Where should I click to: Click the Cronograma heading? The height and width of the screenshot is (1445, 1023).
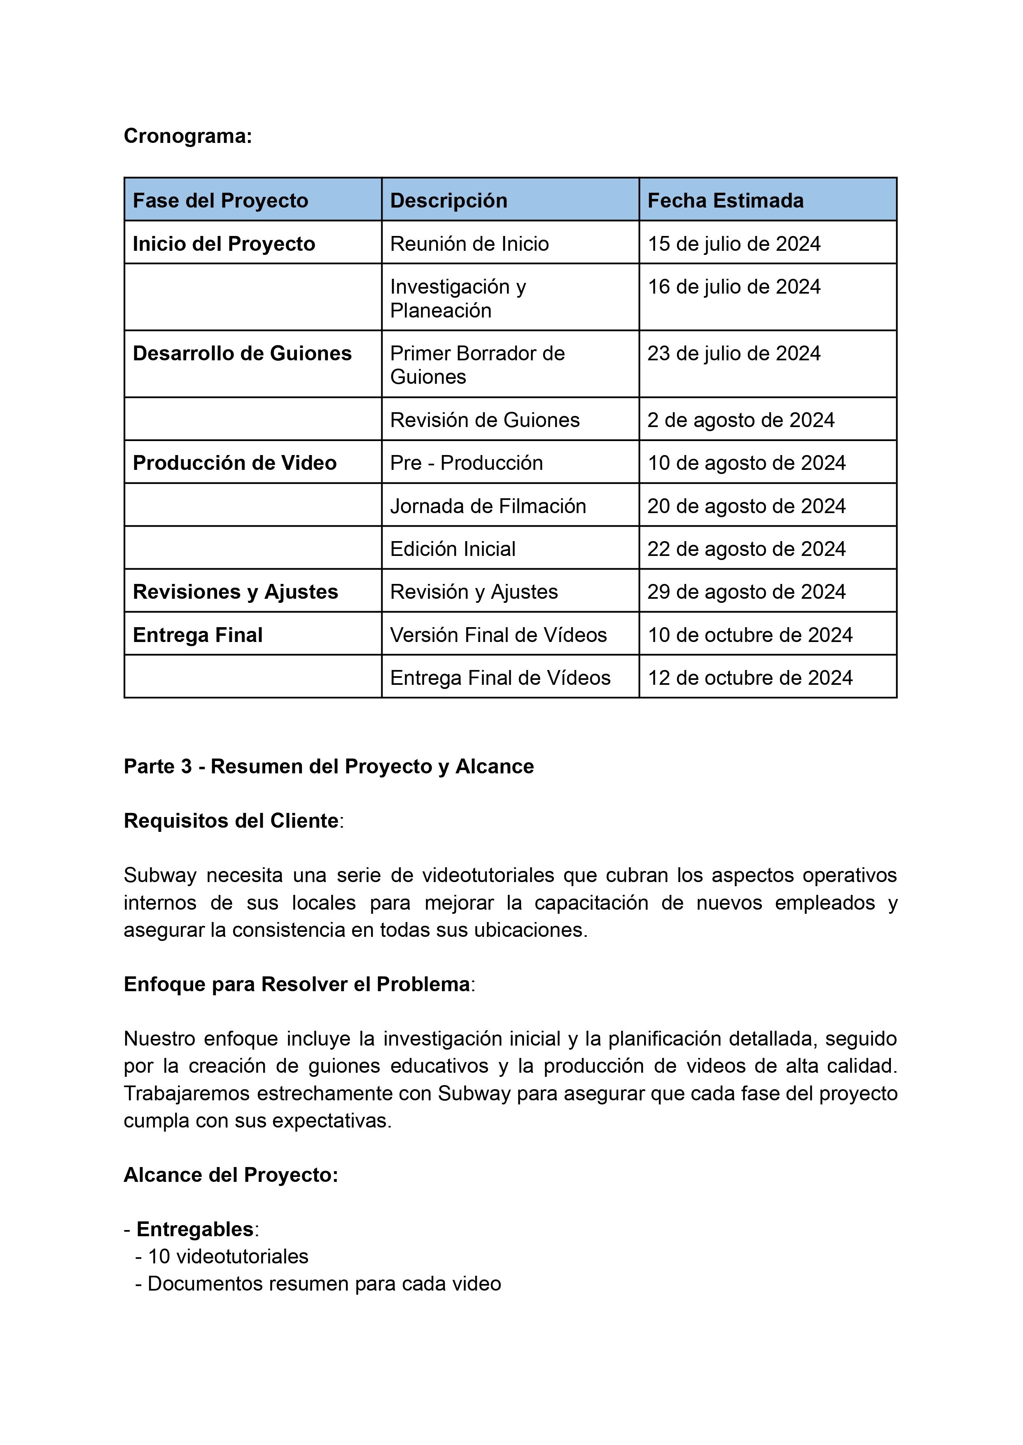(188, 136)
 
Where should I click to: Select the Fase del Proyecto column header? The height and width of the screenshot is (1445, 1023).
(220, 200)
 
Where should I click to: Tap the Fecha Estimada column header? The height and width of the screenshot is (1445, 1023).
(725, 200)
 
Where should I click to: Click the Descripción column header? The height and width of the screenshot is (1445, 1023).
(448, 200)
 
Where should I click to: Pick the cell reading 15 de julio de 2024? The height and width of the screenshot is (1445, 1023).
(734, 244)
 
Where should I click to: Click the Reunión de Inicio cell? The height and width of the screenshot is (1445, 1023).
(469, 244)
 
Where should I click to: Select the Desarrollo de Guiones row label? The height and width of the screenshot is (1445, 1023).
(242, 353)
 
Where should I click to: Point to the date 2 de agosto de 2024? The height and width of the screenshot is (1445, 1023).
(741, 420)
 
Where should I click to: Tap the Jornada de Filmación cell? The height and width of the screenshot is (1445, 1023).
(488, 506)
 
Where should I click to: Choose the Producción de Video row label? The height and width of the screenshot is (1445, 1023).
(234, 463)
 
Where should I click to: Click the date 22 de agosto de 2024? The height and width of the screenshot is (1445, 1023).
(747, 549)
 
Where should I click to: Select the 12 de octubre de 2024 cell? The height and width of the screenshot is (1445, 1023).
(750, 678)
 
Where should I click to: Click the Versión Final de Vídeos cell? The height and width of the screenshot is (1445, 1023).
(498, 635)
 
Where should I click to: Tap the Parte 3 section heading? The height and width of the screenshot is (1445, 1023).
(328, 767)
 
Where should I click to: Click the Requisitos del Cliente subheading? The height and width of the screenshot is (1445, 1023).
(231, 821)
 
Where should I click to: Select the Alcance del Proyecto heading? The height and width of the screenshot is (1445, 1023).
(231, 1175)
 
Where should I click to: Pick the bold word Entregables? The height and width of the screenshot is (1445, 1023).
(195, 1229)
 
